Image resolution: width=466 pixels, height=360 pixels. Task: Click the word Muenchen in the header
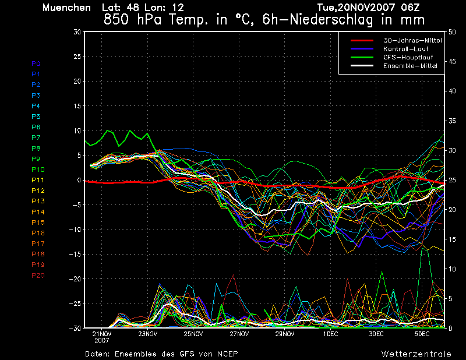tap(66, 8)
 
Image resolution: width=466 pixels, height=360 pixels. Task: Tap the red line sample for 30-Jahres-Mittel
tap(361, 41)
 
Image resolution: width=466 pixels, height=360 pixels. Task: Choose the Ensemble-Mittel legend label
tap(410, 66)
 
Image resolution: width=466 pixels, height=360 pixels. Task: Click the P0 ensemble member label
tap(36, 63)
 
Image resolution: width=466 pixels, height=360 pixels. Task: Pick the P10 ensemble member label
tap(38, 170)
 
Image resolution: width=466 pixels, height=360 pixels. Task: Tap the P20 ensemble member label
tap(38, 276)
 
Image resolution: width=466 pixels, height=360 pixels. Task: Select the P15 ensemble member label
tap(38, 223)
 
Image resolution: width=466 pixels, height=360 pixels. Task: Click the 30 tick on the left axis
tap(77, 32)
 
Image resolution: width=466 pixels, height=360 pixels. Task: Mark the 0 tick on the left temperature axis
tap(79, 181)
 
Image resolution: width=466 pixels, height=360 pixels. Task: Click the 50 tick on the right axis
tap(452, 32)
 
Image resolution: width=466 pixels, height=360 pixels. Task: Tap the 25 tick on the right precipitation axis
tap(452, 180)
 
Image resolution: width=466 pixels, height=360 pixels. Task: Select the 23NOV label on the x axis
tap(148, 334)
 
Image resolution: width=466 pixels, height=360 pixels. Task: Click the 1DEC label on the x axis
tap(330, 334)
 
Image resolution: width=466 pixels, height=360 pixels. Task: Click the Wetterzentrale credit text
tap(416, 354)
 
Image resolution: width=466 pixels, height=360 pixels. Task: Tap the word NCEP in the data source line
tap(226, 354)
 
